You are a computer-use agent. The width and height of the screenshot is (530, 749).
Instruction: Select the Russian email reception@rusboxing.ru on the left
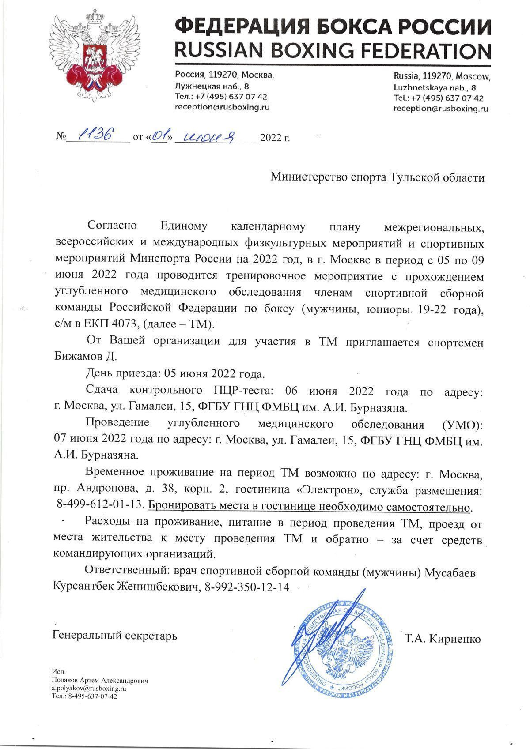pos(222,107)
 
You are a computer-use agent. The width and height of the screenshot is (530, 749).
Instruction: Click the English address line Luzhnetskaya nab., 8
pos(435,87)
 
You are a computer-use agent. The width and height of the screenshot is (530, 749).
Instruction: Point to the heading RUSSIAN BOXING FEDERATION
pos(333,51)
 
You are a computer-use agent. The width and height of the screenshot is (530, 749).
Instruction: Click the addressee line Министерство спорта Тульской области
pos(377,178)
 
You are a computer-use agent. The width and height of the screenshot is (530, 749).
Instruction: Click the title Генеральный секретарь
pos(115,636)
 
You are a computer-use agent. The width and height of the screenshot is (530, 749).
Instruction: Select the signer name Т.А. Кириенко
pos(442,639)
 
